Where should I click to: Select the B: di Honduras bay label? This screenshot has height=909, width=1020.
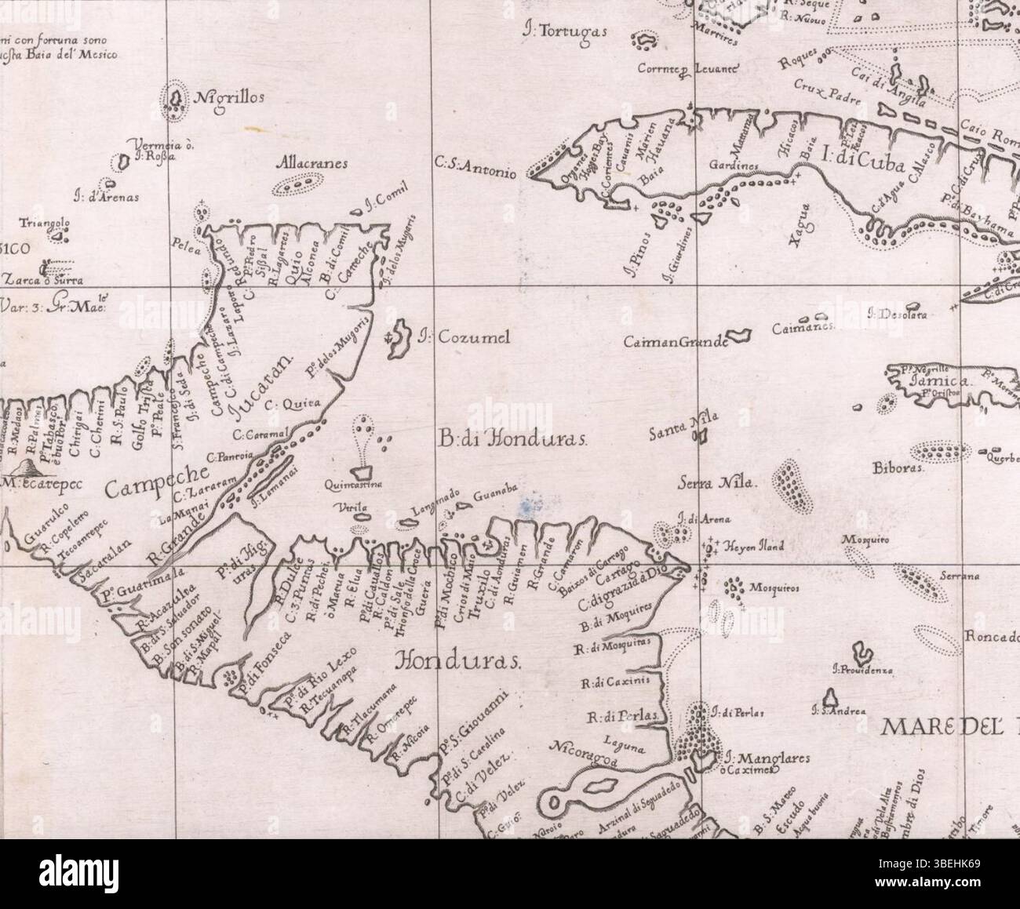[513, 438]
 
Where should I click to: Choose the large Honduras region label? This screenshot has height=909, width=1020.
[458, 660]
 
